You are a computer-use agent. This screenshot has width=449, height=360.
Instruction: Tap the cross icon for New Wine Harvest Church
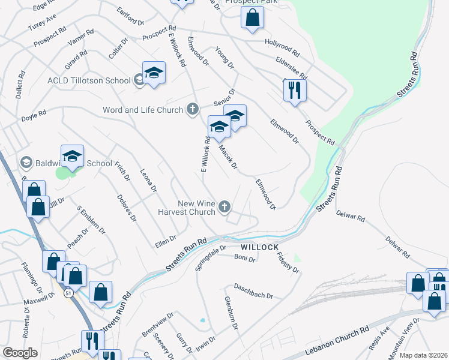click(x=224, y=208)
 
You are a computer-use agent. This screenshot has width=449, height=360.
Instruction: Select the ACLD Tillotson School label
click(x=89, y=81)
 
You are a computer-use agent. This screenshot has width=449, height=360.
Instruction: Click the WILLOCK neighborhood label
click(x=259, y=247)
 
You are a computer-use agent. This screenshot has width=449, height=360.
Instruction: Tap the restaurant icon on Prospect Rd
click(x=295, y=91)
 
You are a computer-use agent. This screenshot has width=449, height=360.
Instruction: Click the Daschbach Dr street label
click(x=253, y=291)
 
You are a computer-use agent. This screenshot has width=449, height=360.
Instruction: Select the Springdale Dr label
click(x=210, y=257)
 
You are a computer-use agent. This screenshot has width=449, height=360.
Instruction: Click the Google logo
click(x=20, y=353)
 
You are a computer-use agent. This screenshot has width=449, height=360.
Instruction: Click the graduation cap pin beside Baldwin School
click(x=73, y=157)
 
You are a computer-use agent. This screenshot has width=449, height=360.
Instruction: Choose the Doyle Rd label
click(x=34, y=114)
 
